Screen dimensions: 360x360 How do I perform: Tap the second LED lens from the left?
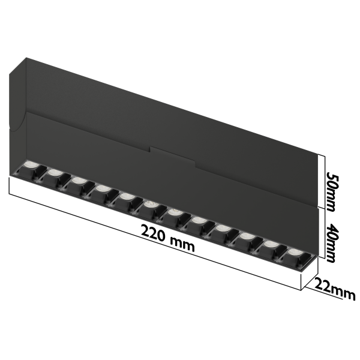point(53,172)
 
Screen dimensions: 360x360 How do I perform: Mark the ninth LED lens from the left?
point(222,228)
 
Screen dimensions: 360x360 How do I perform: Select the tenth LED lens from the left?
point(246,236)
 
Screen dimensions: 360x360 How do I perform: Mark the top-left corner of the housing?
point(26,58)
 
